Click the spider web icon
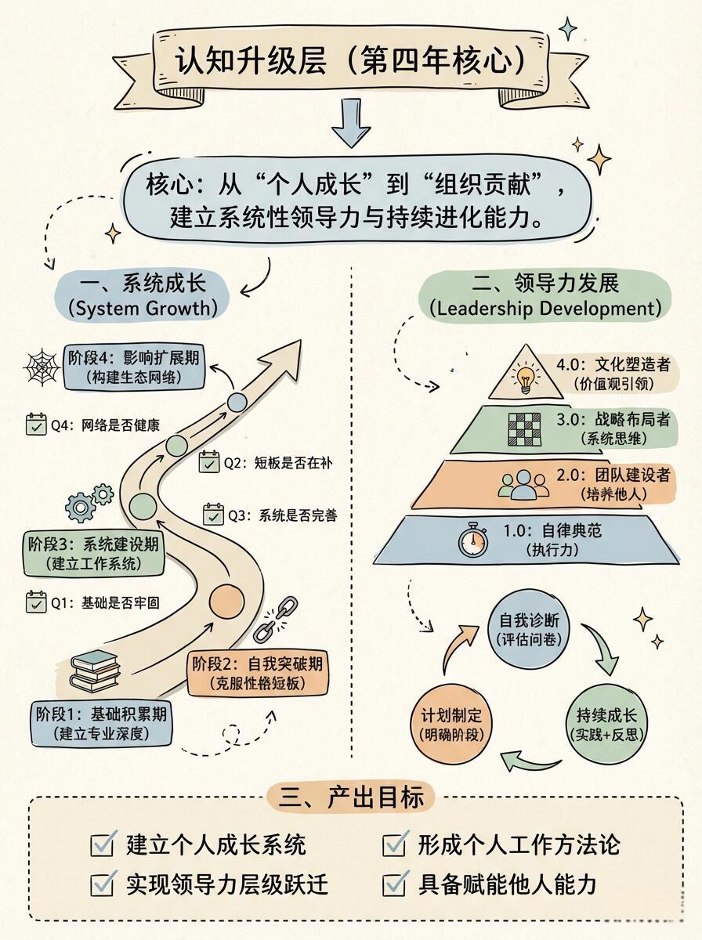tap(42, 367)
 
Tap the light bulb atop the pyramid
tap(525, 375)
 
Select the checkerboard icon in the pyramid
tap(524, 429)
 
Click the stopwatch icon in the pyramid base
tap(473, 540)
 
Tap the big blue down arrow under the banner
tap(351, 123)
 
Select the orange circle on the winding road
tap(226, 602)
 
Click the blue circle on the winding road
tap(237, 402)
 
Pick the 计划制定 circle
tap(451, 724)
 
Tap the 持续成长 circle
tap(606, 724)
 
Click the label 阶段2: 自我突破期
tap(258, 664)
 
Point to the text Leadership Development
tap(545, 309)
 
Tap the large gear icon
tap(80, 507)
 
